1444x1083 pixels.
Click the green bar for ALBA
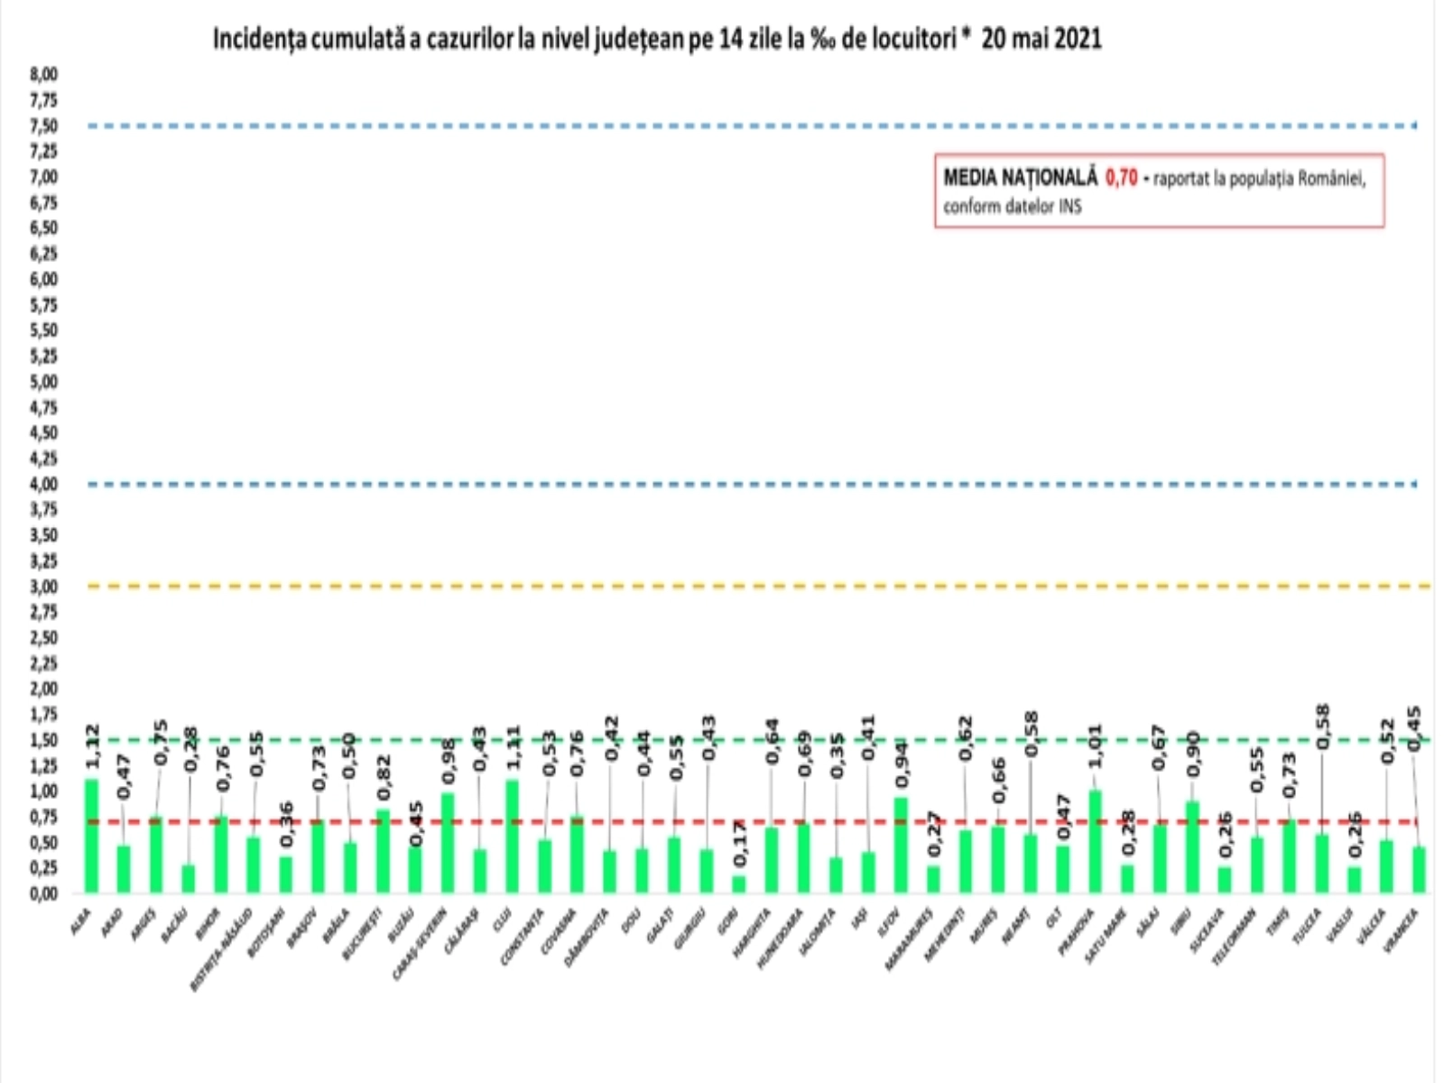click(x=91, y=836)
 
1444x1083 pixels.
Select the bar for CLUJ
click(x=512, y=836)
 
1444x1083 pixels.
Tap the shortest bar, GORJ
click(x=738, y=884)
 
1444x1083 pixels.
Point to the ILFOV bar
click(x=901, y=845)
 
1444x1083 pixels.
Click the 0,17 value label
click(x=740, y=844)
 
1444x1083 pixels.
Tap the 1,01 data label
click(x=1095, y=745)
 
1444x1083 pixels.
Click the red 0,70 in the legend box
click(x=1121, y=178)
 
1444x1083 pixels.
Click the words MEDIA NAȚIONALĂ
click(x=1020, y=178)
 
